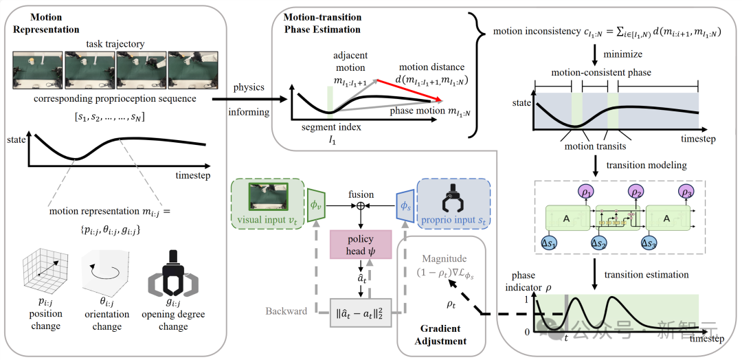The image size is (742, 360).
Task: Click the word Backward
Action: pos(286,311)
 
